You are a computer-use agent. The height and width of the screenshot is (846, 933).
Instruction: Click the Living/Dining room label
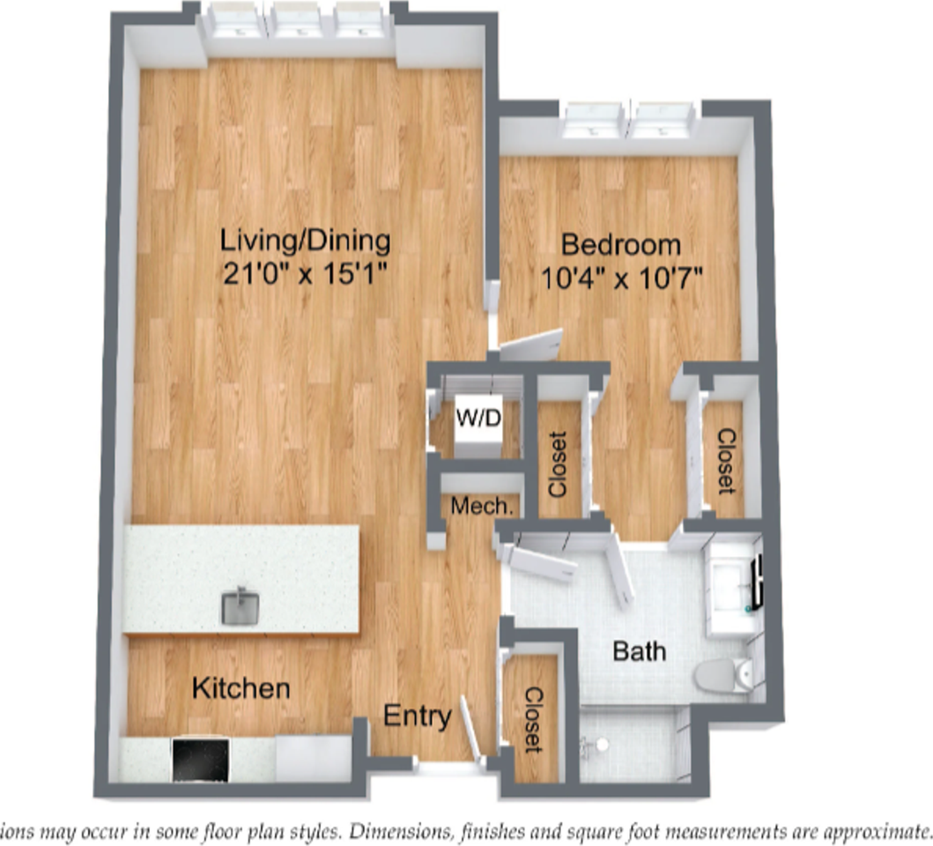pyautogui.click(x=305, y=240)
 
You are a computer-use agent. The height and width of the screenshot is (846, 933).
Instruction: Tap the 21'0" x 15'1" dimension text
pyautogui.click(x=305, y=274)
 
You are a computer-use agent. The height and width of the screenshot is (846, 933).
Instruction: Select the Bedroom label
pyautogui.click(x=621, y=244)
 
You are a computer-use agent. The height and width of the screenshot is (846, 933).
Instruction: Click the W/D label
pyautogui.click(x=478, y=419)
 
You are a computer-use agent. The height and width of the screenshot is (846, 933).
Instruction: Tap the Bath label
pyautogui.click(x=639, y=653)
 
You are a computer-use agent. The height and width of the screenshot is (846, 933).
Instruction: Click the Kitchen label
pyautogui.click(x=241, y=687)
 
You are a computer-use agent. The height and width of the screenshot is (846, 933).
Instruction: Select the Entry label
pyautogui.click(x=418, y=716)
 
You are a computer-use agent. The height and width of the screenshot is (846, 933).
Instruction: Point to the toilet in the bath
pyautogui.click(x=721, y=676)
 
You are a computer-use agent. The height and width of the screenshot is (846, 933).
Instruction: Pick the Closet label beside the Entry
pyautogui.click(x=533, y=719)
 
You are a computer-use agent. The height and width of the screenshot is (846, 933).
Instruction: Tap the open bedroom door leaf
pyautogui.click(x=530, y=345)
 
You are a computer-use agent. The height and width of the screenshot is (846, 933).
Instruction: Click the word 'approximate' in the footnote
pyautogui.click(x=868, y=831)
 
